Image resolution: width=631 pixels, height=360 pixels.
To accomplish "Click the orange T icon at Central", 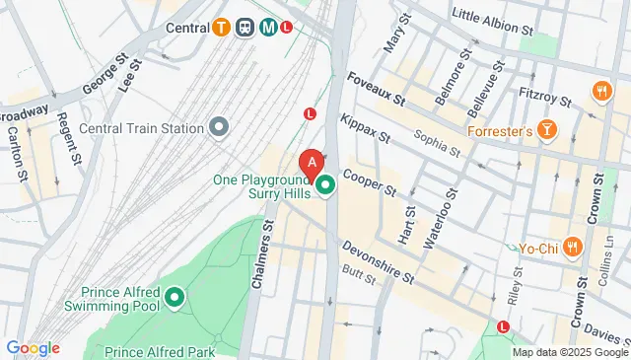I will tap(224, 28).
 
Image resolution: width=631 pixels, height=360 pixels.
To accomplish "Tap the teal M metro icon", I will tap(267, 28).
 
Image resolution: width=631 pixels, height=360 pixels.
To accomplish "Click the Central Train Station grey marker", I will tap(219, 126).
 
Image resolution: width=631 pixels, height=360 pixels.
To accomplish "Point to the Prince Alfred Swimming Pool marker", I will tap(175, 296).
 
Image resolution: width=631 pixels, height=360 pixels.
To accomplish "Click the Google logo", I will tap(33, 348).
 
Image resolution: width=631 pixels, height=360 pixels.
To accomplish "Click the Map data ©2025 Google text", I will tap(569, 352).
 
